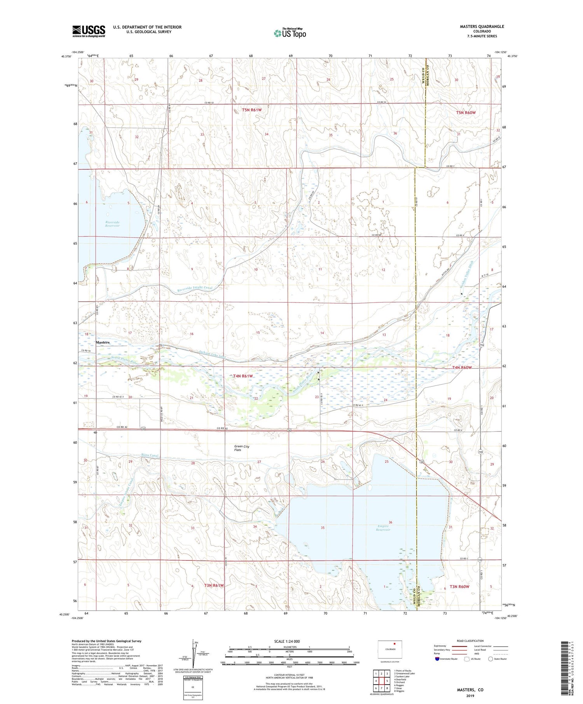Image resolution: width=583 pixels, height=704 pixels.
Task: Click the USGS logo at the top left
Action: pos(89,31)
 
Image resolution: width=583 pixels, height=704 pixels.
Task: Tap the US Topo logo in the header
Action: pos(290,33)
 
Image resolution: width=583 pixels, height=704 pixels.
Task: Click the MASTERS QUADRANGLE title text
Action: pos(482,26)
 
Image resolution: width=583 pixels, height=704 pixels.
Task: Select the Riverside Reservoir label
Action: pos(112,224)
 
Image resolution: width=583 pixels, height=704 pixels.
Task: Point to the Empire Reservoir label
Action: pos(383,528)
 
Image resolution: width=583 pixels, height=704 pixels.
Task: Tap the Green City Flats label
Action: pos(242,448)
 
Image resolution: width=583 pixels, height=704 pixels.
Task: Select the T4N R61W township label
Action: pos(243,376)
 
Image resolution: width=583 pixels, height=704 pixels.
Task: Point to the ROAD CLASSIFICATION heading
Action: pos(470,641)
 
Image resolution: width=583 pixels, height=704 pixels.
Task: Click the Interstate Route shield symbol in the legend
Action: pos(438,659)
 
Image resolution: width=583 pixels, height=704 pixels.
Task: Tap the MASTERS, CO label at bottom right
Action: pos(470,690)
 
